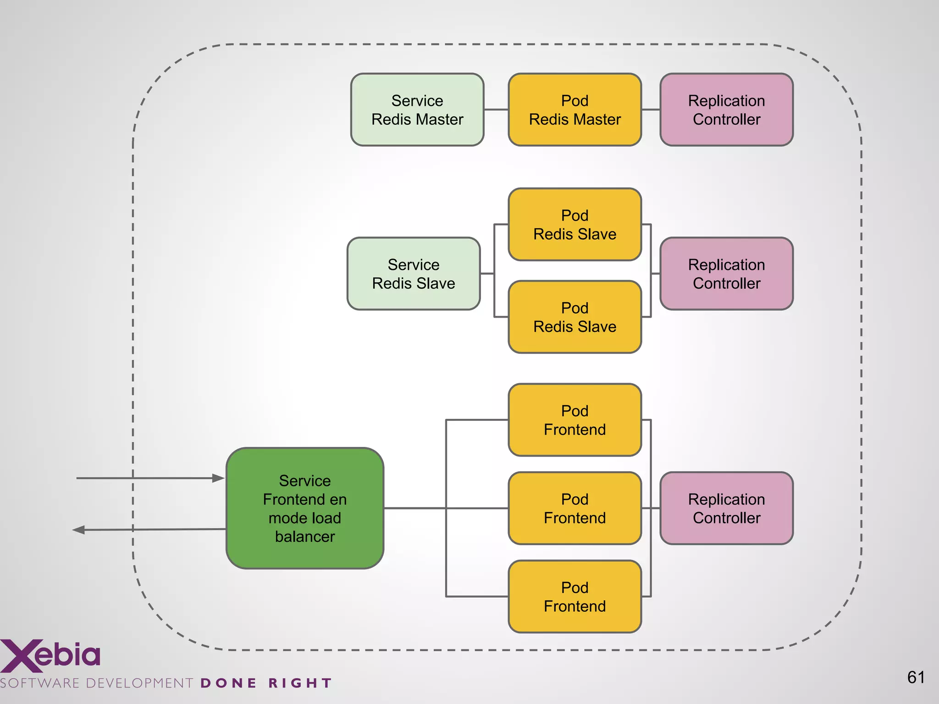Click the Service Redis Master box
pos(417,110)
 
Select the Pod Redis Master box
pos(574,110)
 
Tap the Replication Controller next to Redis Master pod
pos(726,110)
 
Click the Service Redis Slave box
pos(414,274)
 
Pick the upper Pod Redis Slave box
pos(574,225)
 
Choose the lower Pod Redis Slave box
pos(574,317)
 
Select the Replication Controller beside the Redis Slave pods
pos(726,274)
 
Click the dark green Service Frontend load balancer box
pos(305,508)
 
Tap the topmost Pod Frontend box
pos(574,420)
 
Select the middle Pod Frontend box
pos(574,508)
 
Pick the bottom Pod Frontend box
pos(574,597)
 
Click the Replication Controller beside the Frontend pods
pos(726,508)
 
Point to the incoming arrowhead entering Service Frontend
pos(219,478)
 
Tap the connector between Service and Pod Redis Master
pos(496,110)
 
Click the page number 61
pos(916,677)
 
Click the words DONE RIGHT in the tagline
pos(266,683)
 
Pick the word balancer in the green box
pos(305,537)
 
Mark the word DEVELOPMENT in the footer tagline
pos(139,683)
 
